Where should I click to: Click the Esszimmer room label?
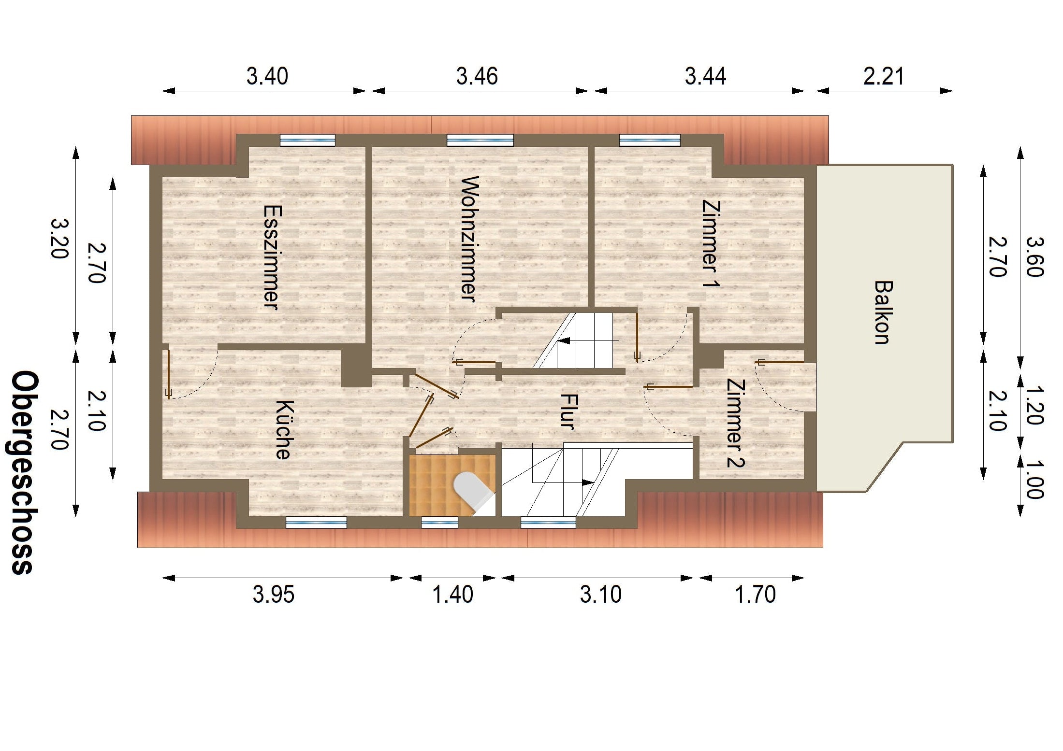(x=272, y=257)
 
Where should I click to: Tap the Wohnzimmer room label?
(x=469, y=239)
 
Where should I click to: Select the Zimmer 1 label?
(x=711, y=244)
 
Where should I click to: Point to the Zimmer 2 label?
(x=735, y=423)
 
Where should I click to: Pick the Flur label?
(x=568, y=411)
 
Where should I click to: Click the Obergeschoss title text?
(x=24, y=472)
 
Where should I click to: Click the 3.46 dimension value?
(x=477, y=76)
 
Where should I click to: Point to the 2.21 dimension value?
(x=884, y=76)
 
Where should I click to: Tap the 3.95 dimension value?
(x=274, y=594)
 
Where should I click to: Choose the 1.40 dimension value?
(x=452, y=594)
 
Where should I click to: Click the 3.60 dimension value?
(x=1035, y=256)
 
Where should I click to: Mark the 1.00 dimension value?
(x=1035, y=480)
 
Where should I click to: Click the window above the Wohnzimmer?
(x=480, y=140)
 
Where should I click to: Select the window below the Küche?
(x=316, y=523)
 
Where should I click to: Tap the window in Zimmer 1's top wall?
(x=650, y=140)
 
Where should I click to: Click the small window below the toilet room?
(x=440, y=523)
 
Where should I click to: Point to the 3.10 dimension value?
(x=601, y=594)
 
